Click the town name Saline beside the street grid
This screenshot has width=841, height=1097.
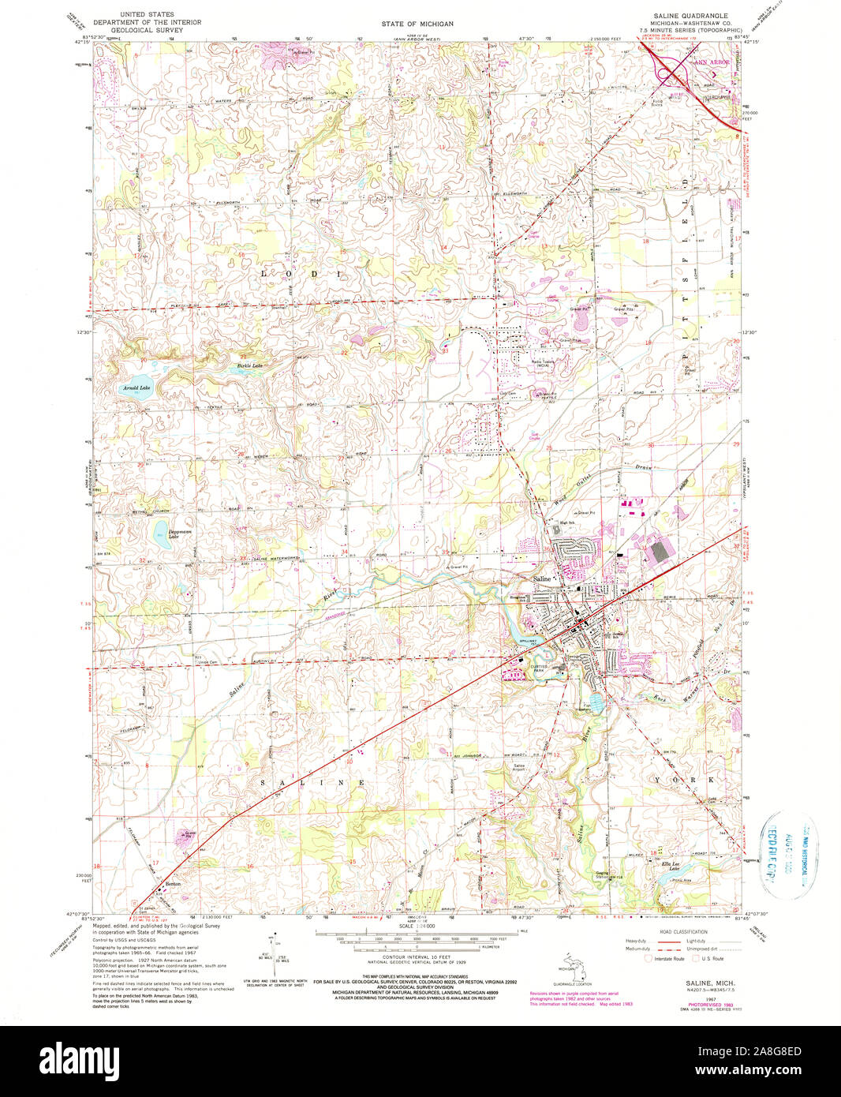click(542, 579)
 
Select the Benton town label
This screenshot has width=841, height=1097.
click(173, 884)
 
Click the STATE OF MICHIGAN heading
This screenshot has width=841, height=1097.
click(417, 24)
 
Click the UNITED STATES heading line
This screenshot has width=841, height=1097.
click(147, 15)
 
